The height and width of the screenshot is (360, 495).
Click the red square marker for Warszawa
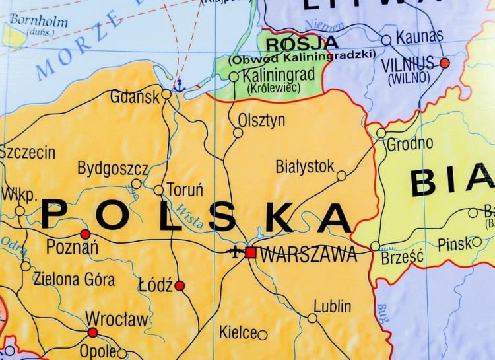250,252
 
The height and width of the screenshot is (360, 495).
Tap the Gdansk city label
135,97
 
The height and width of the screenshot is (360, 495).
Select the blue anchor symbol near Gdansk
179,85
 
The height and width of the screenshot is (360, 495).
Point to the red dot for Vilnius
445,63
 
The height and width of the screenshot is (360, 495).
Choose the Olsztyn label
262,120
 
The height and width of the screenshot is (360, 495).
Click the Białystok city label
305,166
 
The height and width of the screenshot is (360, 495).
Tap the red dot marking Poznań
85,234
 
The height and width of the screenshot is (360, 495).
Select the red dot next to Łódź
180,286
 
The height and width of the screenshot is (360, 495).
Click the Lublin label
332,306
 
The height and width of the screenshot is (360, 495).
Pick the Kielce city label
238,332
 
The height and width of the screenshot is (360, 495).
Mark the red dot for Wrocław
92,332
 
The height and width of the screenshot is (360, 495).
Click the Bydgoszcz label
113,168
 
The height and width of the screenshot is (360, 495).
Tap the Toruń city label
185,190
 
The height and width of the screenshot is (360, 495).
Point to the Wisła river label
191,217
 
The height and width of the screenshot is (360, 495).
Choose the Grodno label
410,143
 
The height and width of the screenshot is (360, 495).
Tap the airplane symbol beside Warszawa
235,252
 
